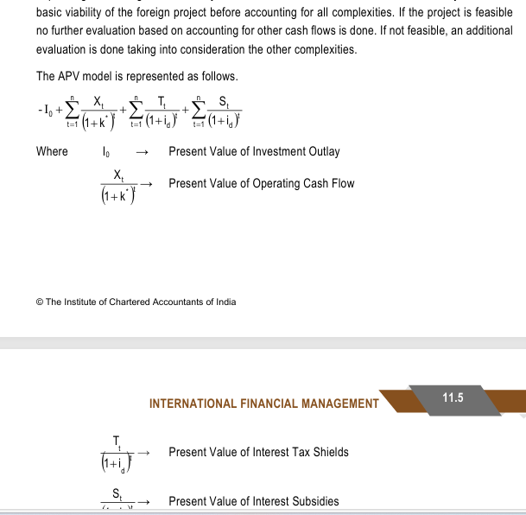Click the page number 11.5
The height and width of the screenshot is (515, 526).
tap(453, 398)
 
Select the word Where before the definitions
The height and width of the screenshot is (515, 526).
tap(52, 152)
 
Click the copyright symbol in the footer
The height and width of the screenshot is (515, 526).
tap(40, 302)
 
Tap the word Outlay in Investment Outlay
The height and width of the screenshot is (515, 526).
tap(323, 152)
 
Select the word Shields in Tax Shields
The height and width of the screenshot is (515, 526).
tap(332, 452)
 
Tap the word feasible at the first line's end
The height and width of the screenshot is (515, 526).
tap(493, 13)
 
